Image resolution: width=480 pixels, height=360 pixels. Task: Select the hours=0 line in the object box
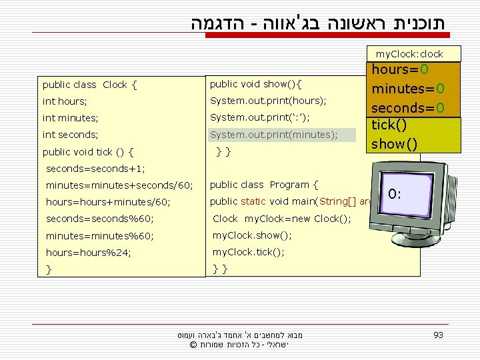click(x=400, y=70)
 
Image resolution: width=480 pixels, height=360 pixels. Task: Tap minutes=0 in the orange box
click(x=408, y=89)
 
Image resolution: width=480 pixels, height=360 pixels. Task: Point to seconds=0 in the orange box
click(x=408, y=107)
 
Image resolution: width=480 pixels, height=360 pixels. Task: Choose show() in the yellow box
click(x=395, y=143)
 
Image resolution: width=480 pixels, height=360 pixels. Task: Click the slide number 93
click(x=438, y=335)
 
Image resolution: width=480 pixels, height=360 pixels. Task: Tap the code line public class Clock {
click(x=89, y=85)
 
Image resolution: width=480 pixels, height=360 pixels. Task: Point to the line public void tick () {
click(x=88, y=151)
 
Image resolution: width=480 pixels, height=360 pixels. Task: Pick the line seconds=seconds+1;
click(x=95, y=169)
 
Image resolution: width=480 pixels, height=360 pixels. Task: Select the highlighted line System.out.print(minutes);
click(x=273, y=135)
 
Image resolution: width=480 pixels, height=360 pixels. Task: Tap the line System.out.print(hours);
click(x=268, y=101)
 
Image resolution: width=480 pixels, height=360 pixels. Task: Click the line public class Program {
click(x=264, y=185)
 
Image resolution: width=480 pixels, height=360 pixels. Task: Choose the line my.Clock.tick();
click(x=248, y=252)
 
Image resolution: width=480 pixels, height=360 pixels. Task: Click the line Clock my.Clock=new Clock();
click(x=281, y=219)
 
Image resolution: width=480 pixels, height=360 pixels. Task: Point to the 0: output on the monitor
click(x=395, y=195)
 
